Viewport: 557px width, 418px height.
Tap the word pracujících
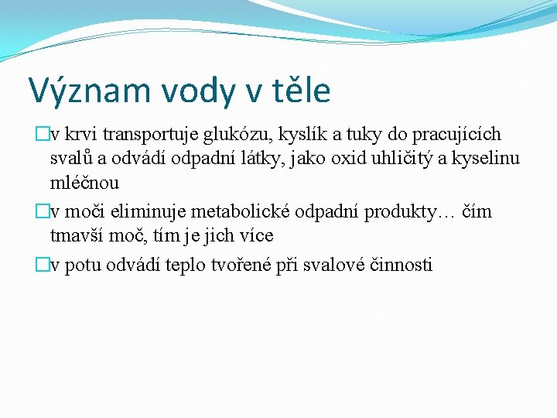tap(457, 135)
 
